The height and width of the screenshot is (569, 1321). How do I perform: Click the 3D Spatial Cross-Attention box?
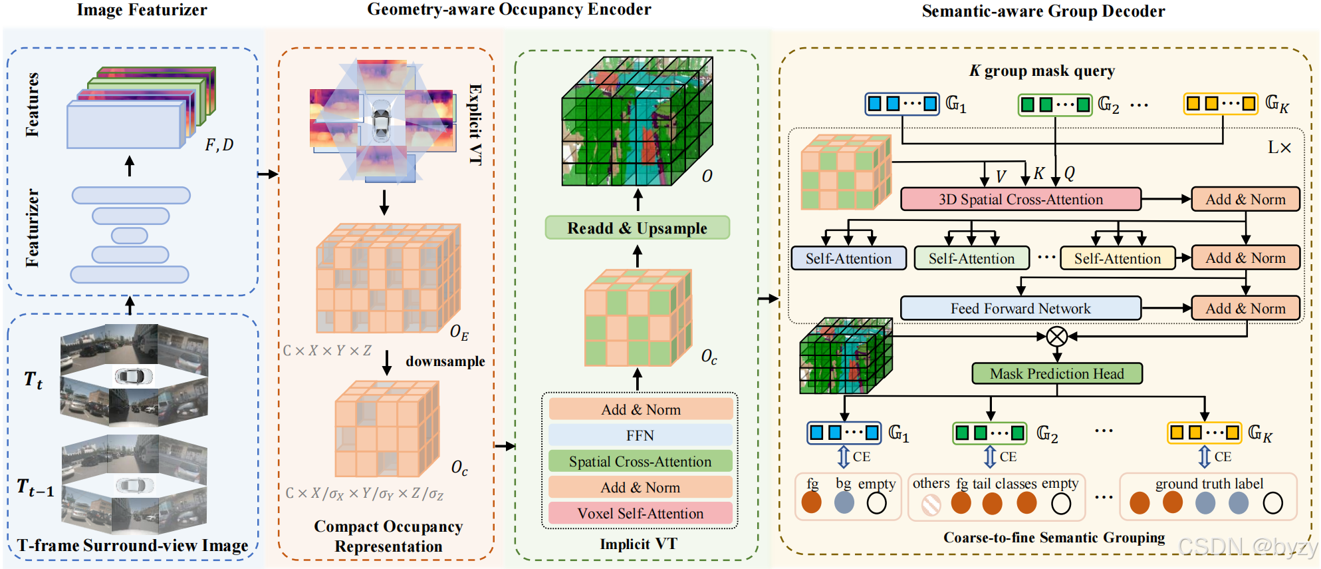pos(1020,199)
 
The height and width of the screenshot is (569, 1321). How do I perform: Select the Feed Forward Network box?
pos(1020,308)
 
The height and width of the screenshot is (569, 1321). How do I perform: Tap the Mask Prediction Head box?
pos(1056,373)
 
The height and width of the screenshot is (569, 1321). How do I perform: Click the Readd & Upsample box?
pos(637,228)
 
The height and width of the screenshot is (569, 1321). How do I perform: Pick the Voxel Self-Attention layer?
pos(640,513)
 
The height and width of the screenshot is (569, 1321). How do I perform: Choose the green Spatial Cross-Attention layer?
pos(640,461)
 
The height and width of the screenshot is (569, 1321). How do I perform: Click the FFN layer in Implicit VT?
pos(640,435)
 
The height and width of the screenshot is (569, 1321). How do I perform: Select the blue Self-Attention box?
pos(848,258)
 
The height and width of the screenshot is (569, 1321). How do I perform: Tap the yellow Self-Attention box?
pos(1117,258)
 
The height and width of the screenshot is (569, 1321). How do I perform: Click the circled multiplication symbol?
pos(1056,336)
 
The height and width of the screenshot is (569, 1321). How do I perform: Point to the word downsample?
pos(445,361)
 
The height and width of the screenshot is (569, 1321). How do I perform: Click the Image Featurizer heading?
pos(142,10)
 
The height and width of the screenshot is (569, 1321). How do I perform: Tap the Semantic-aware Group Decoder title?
pos(1042,11)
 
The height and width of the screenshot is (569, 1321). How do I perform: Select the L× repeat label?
pos(1278,148)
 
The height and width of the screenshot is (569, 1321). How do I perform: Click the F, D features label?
pos(219,145)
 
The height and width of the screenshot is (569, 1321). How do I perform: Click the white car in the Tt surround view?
pos(134,376)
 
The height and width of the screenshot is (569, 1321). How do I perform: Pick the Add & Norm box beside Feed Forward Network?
pos(1245,308)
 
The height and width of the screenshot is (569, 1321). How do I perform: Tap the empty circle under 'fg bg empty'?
pos(876,503)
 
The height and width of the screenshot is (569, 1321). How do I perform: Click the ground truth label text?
pos(1209,484)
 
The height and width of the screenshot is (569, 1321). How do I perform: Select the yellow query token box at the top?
pos(1221,104)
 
